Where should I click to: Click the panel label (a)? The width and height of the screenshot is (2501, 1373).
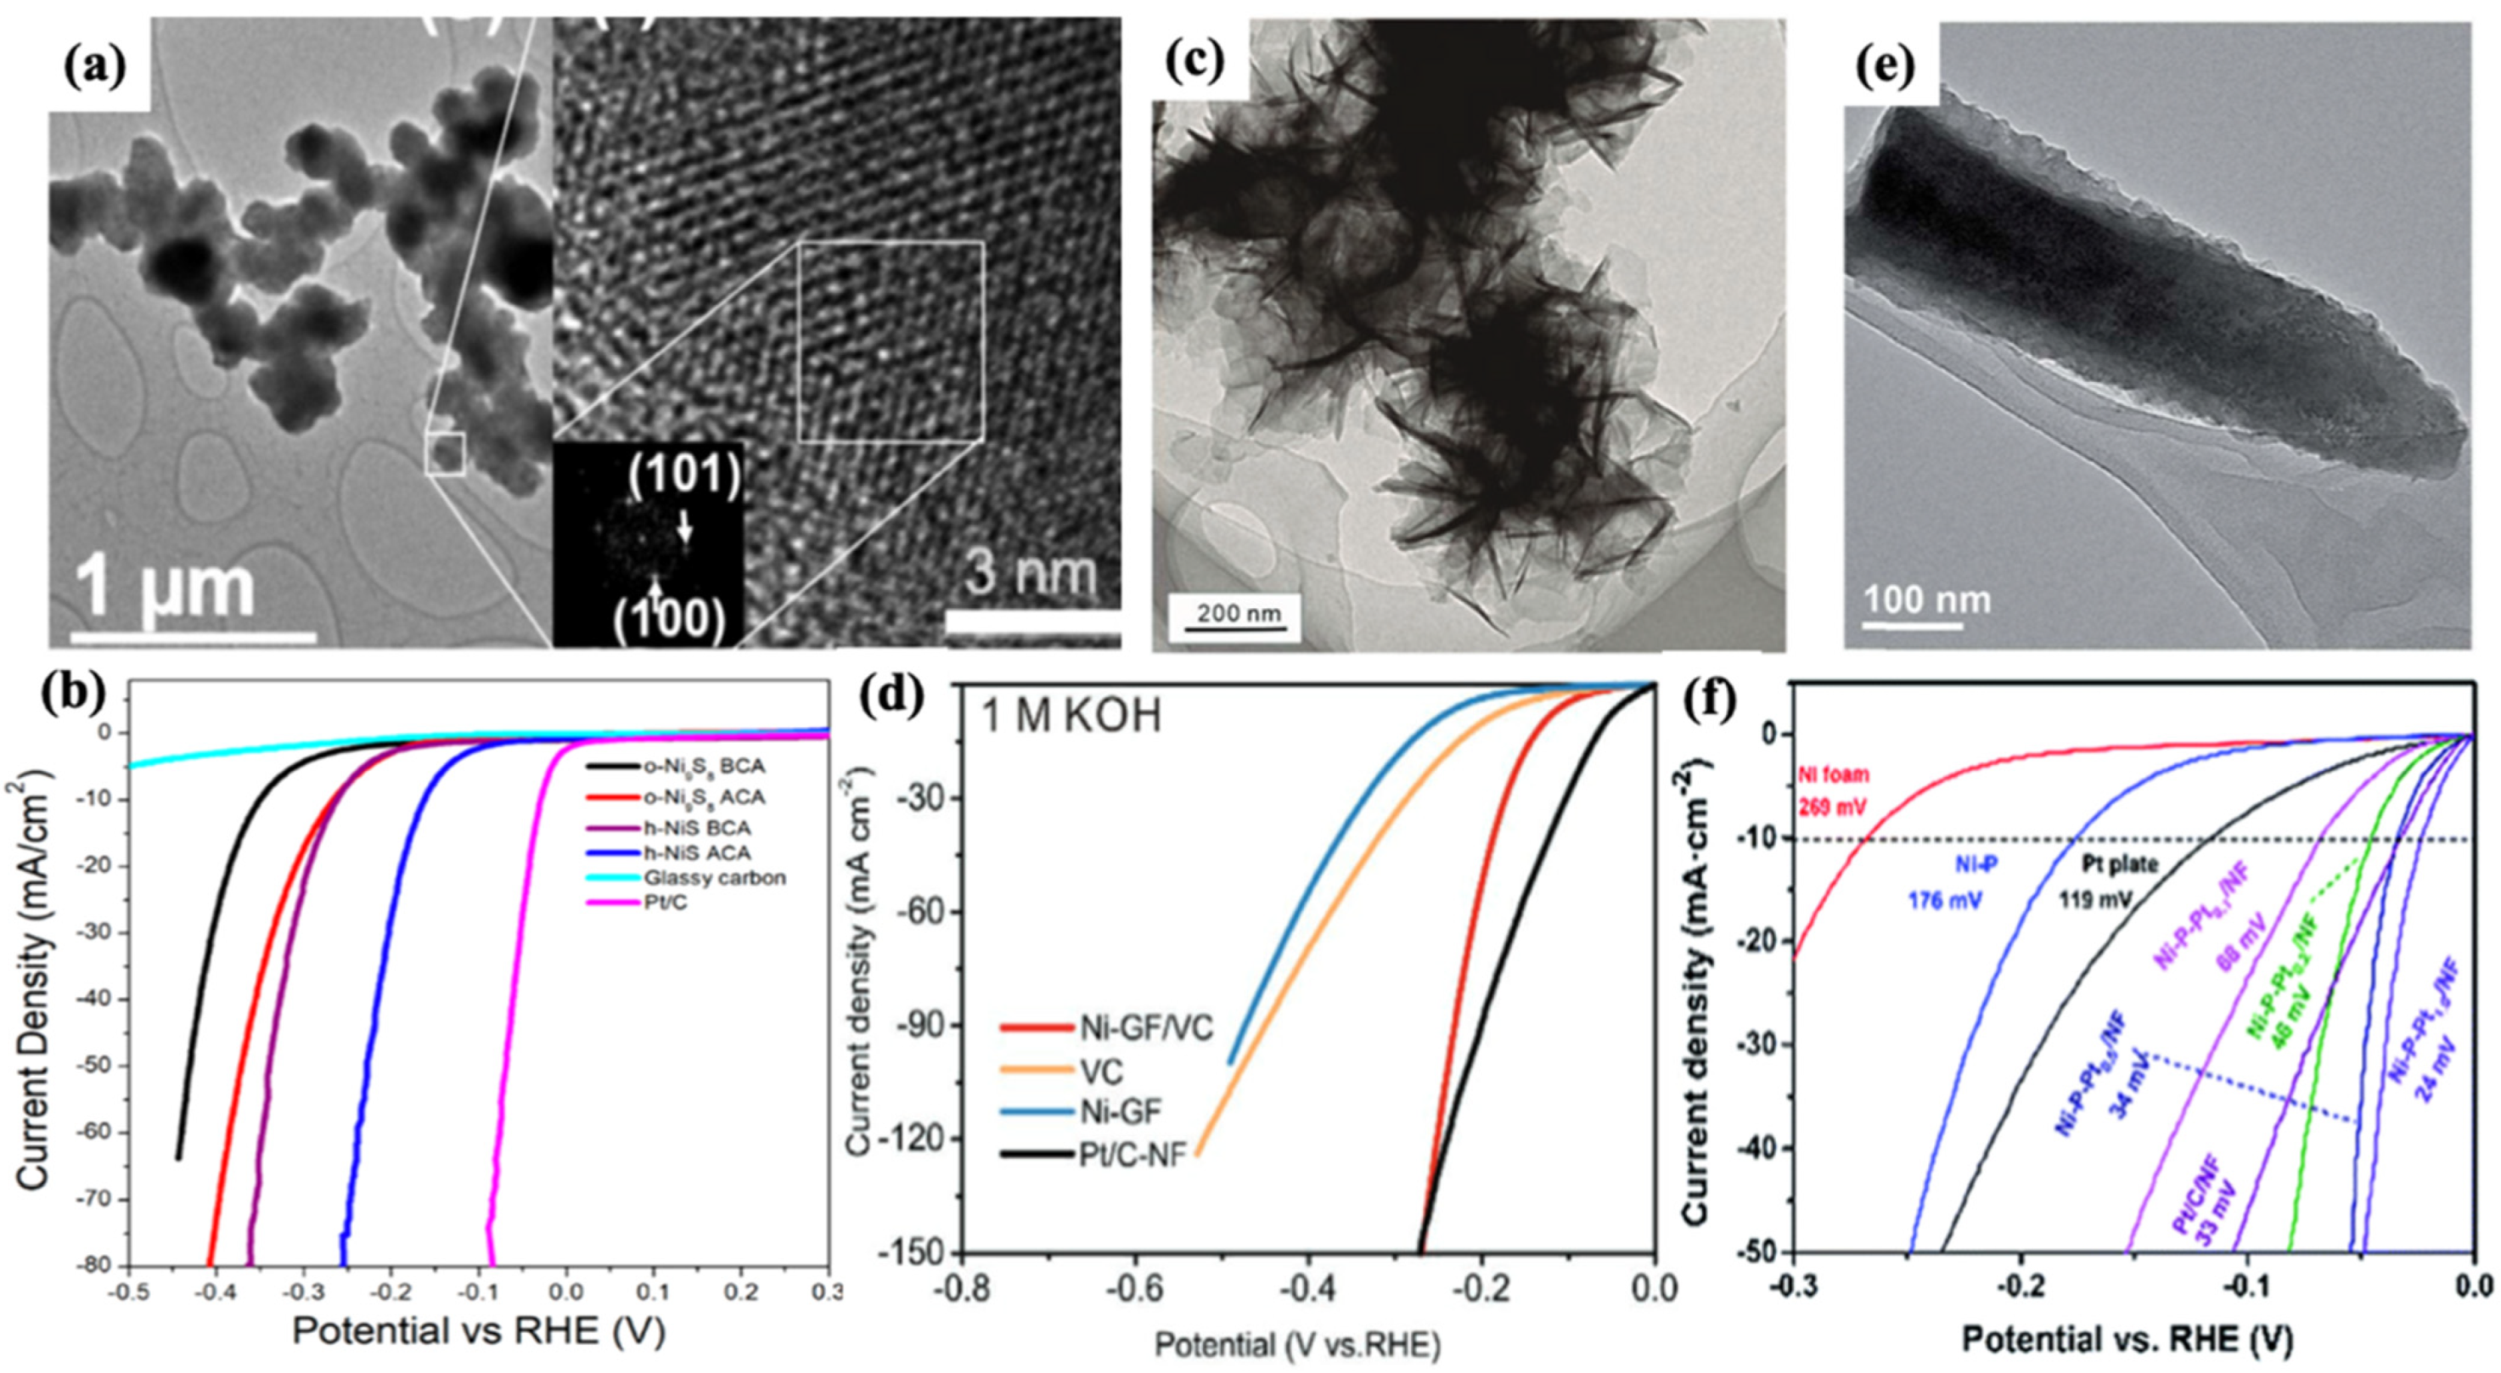[x=94, y=66]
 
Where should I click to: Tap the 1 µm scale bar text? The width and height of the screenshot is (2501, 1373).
[x=165, y=586]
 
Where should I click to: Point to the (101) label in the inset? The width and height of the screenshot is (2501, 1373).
[x=683, y=475]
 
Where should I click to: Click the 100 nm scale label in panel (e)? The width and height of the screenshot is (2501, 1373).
[x=1926, y=600]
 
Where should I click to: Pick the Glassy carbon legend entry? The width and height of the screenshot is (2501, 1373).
[x=714, y=878]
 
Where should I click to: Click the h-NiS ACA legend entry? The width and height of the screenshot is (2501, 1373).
[x=696, y=852]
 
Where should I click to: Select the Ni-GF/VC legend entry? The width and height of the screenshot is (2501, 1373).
[x=1145, y=1029]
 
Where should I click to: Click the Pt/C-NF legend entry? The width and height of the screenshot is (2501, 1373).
[x=1132, y=1156]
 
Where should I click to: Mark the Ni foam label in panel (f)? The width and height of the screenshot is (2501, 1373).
[x=1834, y=775]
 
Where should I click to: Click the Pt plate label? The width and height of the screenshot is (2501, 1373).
[x=2117, y=864]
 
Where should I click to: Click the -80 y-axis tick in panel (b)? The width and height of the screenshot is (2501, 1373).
[x=97, y=1265]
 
